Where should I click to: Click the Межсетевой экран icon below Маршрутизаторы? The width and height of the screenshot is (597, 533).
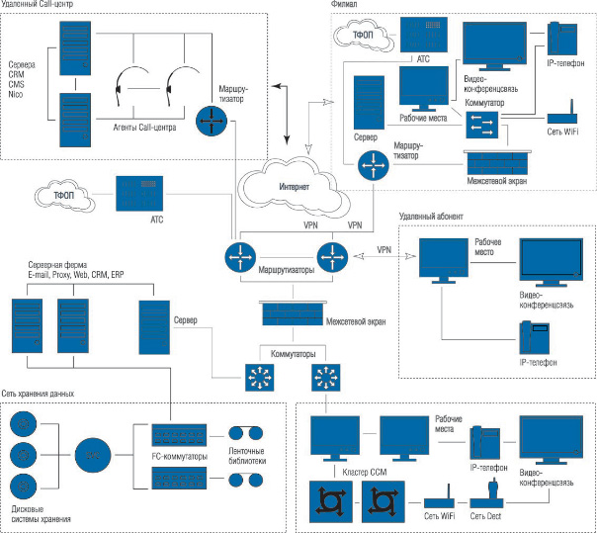[x=291, y=315]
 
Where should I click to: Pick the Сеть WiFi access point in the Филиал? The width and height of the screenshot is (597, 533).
[x=560, y=114]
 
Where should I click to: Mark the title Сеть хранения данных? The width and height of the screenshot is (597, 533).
[x=39, y=394]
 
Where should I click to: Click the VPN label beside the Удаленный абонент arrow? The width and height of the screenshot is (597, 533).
[x=384, y=252]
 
